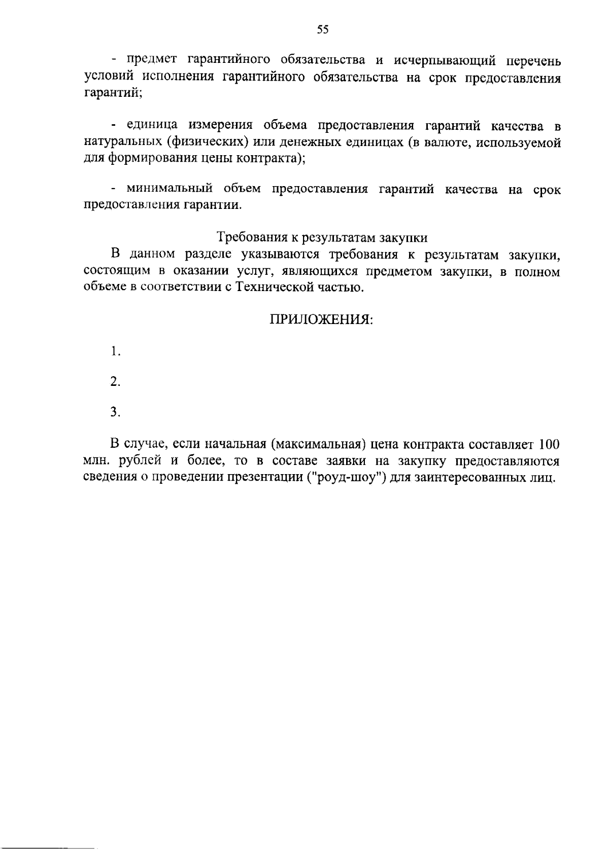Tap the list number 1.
tap(116, 351)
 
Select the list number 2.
tap(116, 382)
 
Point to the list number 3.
tap(116, 412)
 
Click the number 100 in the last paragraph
tap(549, 445)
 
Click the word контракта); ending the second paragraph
tap(267, 158)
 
